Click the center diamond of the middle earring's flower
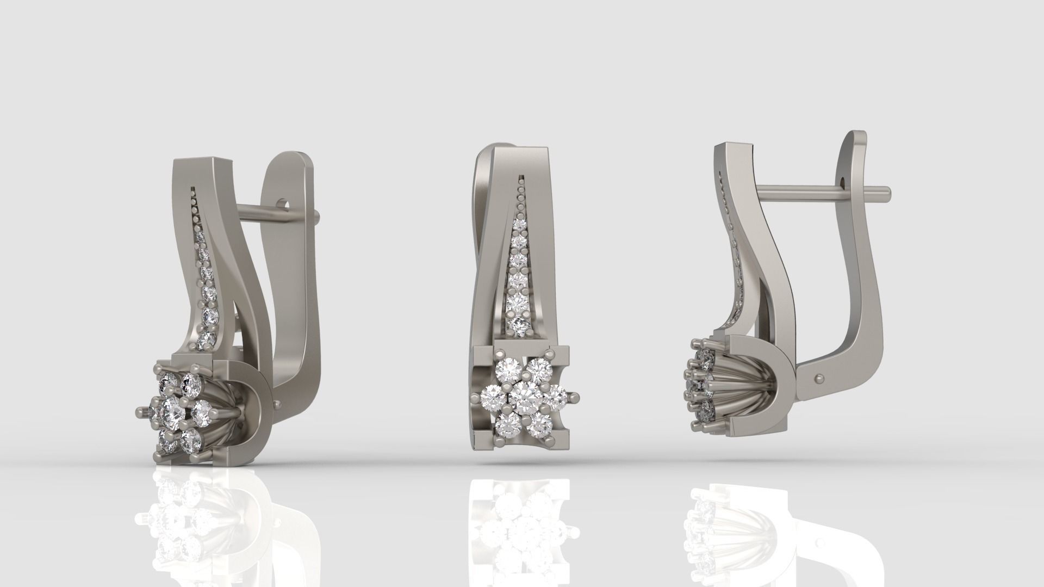524,398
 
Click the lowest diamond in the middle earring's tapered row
520,325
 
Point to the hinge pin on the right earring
819,375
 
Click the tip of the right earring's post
887,191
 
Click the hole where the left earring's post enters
282,205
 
